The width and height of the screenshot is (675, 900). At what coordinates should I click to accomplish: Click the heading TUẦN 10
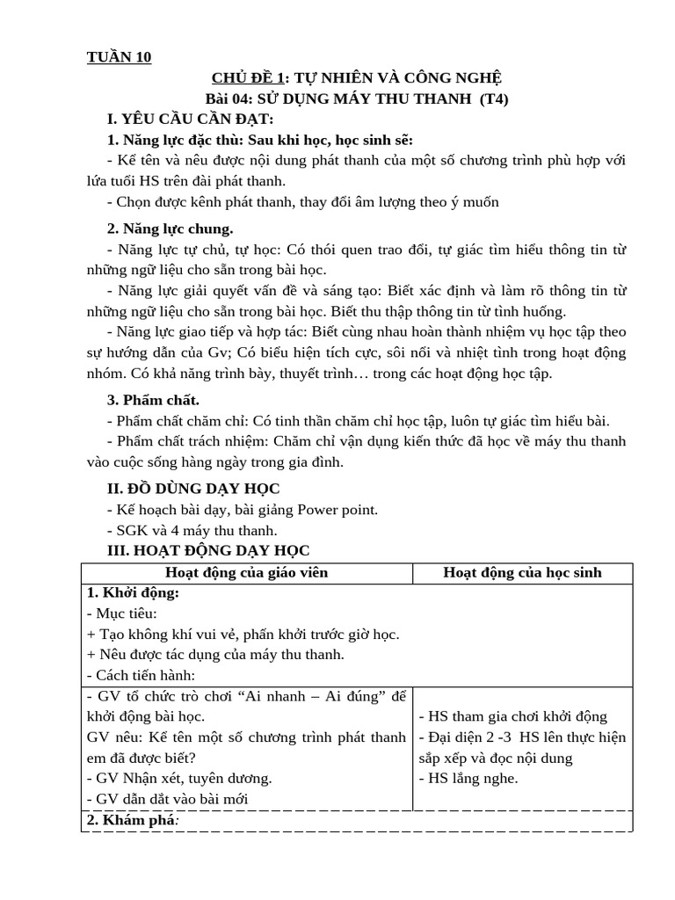pos(119,58)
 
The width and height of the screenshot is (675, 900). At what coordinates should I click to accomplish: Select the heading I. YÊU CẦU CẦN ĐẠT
pos(190,119)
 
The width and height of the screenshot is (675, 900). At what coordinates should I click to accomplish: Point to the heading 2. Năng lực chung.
pos(170,229)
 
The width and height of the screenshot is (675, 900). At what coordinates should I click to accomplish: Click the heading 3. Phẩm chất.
pos(153,400)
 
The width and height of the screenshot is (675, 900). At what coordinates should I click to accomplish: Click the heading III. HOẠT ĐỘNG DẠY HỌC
pos(207,550)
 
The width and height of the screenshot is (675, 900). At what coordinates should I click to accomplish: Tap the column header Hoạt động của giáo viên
pos(247,573)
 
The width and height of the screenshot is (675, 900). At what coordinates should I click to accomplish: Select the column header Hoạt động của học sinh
pos(522,573)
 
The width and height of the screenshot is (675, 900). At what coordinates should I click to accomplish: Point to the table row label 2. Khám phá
pos(132,820)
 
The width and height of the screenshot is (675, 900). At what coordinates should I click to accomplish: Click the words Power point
pos(340,510)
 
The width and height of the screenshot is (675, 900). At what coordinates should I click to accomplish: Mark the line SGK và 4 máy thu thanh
pos(192,530)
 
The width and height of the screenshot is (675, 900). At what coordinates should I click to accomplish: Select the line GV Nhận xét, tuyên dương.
pos(179,778)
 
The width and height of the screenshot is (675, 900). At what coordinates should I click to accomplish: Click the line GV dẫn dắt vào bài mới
pos(168,799)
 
